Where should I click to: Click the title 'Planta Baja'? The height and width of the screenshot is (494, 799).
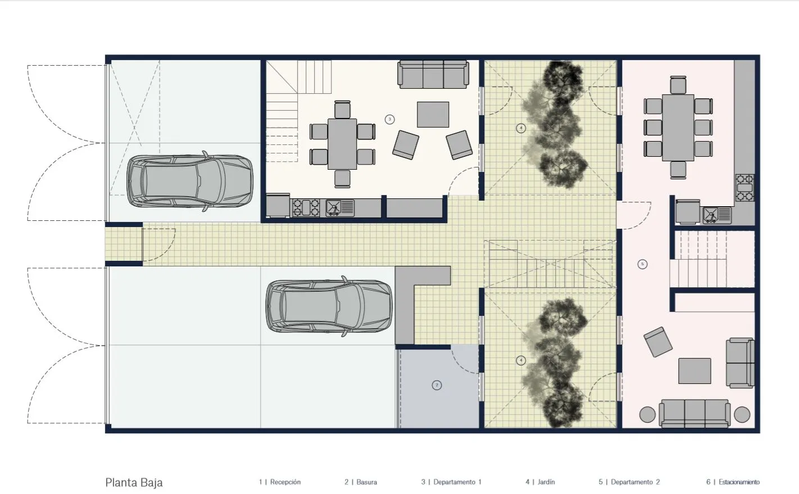pyautogui.click(x=134, y=483)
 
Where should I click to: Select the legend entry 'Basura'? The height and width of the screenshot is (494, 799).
pyautogui.click(x=367, y=482)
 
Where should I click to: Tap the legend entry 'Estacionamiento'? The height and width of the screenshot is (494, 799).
pyautogui.click(x=739, y=482)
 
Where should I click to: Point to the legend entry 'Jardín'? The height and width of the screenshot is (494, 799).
pyautogui.click(x=546, y=482)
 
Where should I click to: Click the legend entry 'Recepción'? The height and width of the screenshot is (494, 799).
pyautogui.click(x=285, y=482)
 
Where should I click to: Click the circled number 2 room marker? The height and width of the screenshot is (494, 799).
pyautogui.click(x=437, y=385)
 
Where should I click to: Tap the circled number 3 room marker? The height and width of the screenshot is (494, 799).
pyautogui.click(x=389, y=119)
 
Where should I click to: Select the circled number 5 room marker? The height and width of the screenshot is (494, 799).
pyautogui.click(x=642, y=264)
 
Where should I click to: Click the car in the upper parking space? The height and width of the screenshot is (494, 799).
pyautogui.click(x=190, y=181)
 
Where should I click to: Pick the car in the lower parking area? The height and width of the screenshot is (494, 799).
pyautogui.click(x=329, y=306)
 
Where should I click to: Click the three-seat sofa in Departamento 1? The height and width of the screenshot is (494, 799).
pyautogui.click(x=433, y=74)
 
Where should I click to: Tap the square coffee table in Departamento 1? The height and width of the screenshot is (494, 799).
pyautogui.click(x=433, y=115)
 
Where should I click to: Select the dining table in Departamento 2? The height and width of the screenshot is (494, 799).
pyautogui.click(x=678, y=128)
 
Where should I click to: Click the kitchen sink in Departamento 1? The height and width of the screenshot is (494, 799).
pyautogui.click(x=340, y=208)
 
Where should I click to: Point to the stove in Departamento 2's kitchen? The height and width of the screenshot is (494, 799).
pyautogui.click(x=745, y=188)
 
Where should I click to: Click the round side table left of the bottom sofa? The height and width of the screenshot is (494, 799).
pyautogui.click(x=647, y=414)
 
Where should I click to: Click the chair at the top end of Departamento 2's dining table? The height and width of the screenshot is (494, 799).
pyautogui.click(x=678, y=85)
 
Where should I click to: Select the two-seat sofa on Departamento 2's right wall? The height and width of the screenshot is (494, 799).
pyautogui.click(x=741, y=363)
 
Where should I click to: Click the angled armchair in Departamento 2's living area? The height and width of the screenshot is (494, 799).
pyautogui.click(x=658, y=342)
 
